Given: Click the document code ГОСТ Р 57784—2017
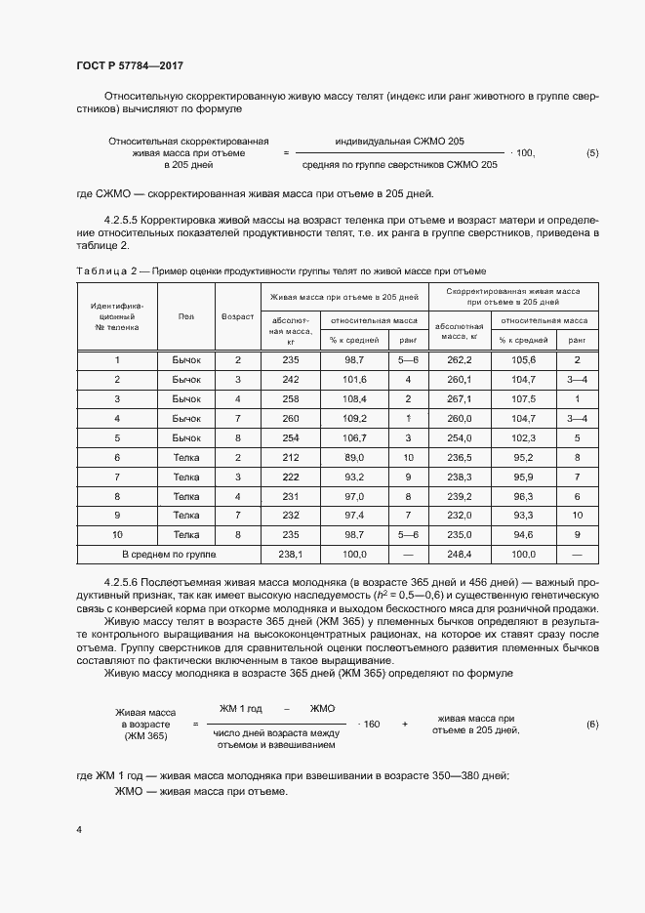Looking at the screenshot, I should (130, 65).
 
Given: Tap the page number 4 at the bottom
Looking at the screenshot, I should (79, 830).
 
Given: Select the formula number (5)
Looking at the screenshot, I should (592, 153).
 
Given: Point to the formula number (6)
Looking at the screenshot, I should (592, 724).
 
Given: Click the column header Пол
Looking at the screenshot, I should (185, 316).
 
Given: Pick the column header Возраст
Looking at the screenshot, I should (238, 316).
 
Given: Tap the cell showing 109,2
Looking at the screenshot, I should (355, 418).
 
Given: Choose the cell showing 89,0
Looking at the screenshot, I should (355, 457).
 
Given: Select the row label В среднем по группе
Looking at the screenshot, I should (168, 554).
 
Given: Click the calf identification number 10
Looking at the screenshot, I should (117, 534).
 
